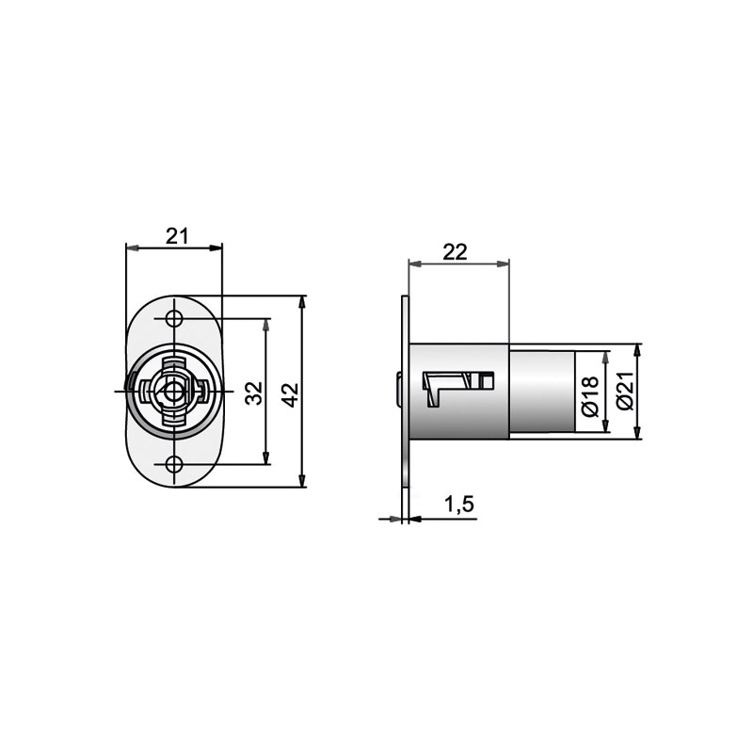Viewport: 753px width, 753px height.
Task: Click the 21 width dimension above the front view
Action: coord(177,236)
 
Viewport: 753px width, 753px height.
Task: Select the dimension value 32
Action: coord(254,393)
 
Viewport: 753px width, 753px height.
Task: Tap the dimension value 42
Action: coord(290,395)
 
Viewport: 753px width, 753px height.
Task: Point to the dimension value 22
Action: coord(455,251)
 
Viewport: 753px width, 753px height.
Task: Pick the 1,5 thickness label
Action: coord(459,505)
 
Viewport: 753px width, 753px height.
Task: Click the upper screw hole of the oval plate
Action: coord(174,318)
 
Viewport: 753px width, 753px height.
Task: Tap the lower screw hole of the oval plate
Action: coord(174,464)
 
